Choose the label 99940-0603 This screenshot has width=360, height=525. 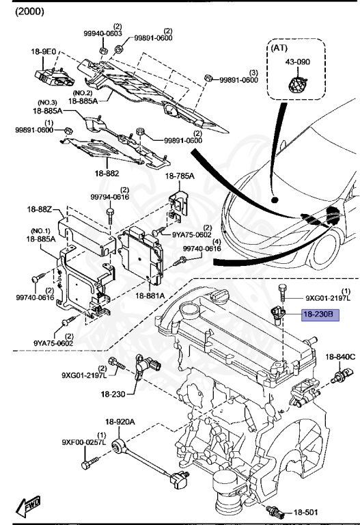point(102,33)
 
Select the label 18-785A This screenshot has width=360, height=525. point(180,176)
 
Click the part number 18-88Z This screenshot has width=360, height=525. point(40,209)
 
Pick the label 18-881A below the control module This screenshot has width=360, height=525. point(150,295)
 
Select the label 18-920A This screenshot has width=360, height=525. point(120,422)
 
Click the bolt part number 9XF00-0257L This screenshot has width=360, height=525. point(83,443)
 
